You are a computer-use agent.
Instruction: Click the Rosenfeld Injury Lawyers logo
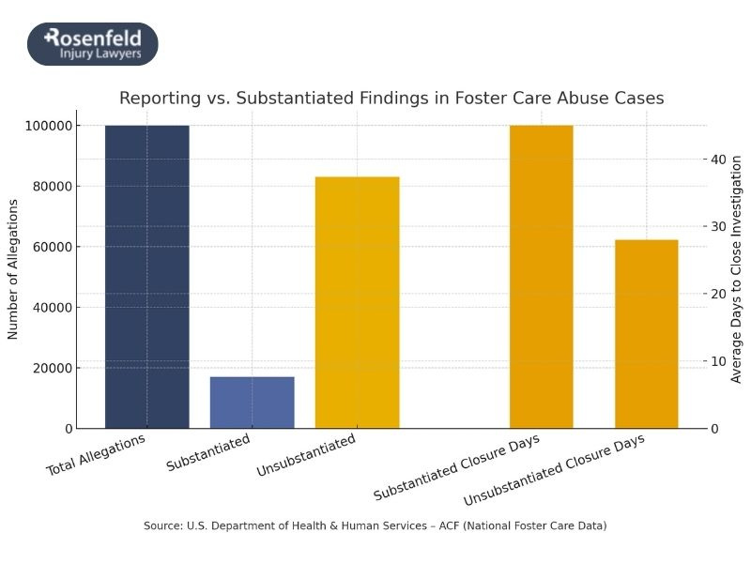pyautogui.click(x=92, y=44)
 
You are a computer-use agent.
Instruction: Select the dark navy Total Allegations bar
pyautogui.click(x=146, y=277)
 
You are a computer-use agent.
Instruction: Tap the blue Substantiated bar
pyautogui.click(x=252, y=403)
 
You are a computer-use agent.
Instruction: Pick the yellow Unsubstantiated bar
pyautogui.click(x=357, y=302)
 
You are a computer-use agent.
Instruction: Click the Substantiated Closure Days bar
pyautogui.click(x=541, y=277)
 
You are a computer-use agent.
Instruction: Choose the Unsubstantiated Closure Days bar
pyautogui.click(x=646, y=334)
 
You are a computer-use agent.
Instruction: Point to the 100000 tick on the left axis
pyautogui.click(x=73, y=126)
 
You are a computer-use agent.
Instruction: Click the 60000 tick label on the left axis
pyautogui.click(x=77, y=247)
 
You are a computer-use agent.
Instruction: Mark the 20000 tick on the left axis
pyautogui.click(x=77, y=368)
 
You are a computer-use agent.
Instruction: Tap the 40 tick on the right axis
pyautogui.click(x=718, y=160)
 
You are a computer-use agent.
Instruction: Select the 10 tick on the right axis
pyautogui.click(x=718, y=361)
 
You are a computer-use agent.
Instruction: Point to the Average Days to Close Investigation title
pyautogui.click(x=737, y=269)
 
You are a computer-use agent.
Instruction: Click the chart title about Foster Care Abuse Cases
pyautogui.click(x=391, y=98)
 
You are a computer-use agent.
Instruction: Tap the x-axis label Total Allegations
pyautogui.click(x=98, y=454)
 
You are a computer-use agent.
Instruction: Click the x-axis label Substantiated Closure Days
pyautogui.click(x=460, y=466)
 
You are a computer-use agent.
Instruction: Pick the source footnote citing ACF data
pyautogui.click(x=375, y=525)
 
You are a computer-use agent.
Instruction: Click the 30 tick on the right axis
pyautogui.click(x=718, y=226)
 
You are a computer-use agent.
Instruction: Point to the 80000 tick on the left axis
pyautogui.click(x=77, y=186)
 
